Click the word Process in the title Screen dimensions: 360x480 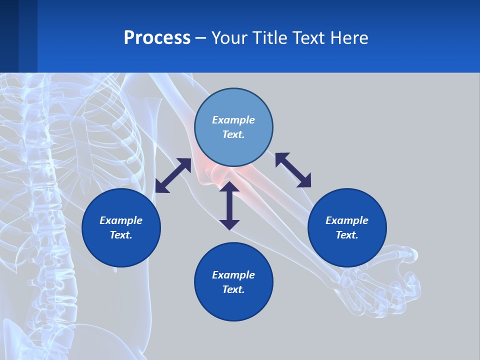(x=157, y=38)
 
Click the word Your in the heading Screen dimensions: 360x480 (x=228, y=38)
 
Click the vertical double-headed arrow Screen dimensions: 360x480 (x=229, y=206)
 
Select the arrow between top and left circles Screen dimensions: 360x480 (x=173, y=175)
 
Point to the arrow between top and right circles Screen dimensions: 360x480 (x=293, y=170)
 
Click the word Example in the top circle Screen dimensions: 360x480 (x=233, y=120)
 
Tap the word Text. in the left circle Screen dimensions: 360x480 (x=121, y=235)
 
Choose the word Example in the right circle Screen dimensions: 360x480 (x=347, y=220)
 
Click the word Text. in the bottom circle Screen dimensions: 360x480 (x=233, y=289)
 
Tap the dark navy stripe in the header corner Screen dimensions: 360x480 (x=9, y=36)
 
